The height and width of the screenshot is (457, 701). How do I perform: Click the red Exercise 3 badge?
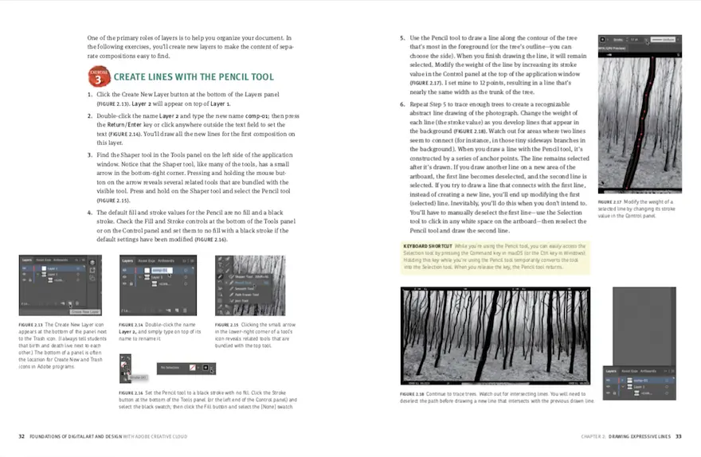coord(98,78)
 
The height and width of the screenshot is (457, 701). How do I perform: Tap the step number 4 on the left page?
coord(90,213)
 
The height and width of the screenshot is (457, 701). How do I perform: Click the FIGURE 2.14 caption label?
coord(132,325)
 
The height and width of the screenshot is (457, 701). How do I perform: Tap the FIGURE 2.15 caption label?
coord(229,325)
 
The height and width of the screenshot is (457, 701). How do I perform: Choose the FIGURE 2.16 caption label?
coord(131,393)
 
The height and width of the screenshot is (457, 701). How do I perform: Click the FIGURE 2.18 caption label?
coord(413,393)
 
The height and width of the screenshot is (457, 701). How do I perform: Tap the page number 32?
coord(22,436)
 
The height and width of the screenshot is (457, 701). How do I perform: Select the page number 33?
coord(679,436)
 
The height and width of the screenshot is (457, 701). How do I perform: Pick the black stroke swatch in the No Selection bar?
coord(206,369)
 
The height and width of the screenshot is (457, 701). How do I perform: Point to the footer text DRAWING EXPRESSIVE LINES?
coord(640,436)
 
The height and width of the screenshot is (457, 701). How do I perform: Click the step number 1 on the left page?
coord(90,95)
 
